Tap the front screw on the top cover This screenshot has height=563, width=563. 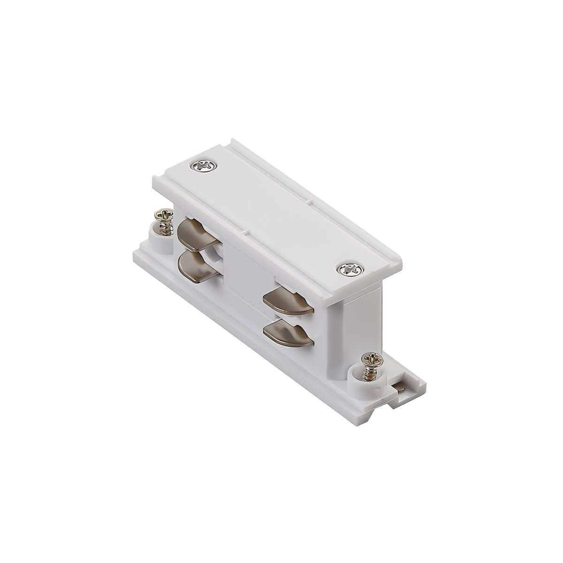tap(348, 269)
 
